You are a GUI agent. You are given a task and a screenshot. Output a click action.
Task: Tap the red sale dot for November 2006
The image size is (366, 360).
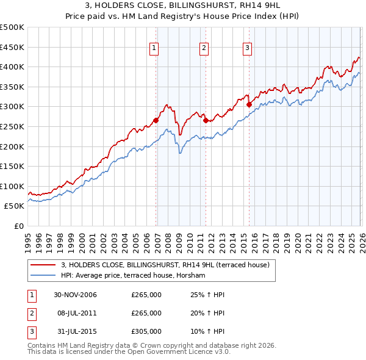coord(156,120)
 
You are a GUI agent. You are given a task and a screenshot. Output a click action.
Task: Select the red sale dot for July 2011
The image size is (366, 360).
coord(206,120)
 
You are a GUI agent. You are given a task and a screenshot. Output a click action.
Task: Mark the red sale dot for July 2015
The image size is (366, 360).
coord(249,104)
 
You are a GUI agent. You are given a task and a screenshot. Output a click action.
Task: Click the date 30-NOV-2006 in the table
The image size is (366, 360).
coord(74,295)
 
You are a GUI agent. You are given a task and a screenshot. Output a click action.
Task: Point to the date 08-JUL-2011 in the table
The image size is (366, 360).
coord(74,313)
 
